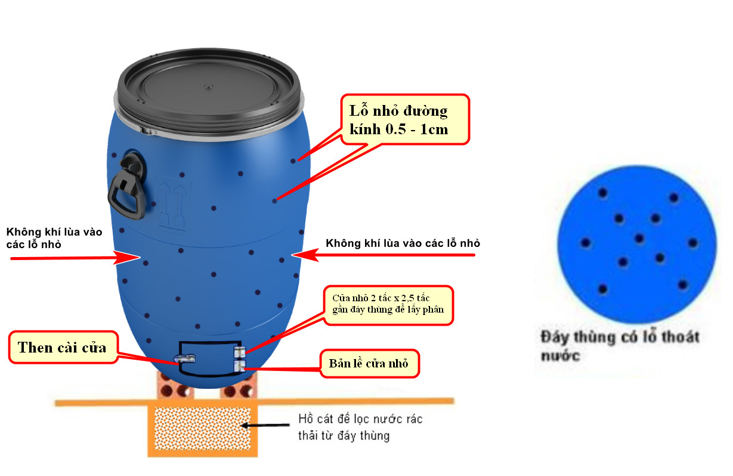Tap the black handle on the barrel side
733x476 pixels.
pyautogui.click(x=127, y=185)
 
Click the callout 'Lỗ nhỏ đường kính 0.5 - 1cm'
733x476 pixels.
pyautogui.click(x=406, y=119)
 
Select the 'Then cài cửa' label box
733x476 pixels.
pyautogui.click(x=62, y=348)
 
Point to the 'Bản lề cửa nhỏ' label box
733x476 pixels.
pyautogui.click(x=370, y=363)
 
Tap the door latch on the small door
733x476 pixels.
pyautogui.click(x=185, y=358)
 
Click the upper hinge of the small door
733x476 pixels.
pyautogui.click(x=239, y=352)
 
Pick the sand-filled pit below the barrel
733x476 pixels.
pyautogui.click(x=203, y=428)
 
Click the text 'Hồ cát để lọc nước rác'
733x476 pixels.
pyautogui.click(x=360, y=419)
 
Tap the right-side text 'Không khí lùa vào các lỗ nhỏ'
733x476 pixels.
pyautogui.click(x=403, y=243)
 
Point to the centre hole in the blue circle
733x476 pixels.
pyautogui.click(x=639, y=239)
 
